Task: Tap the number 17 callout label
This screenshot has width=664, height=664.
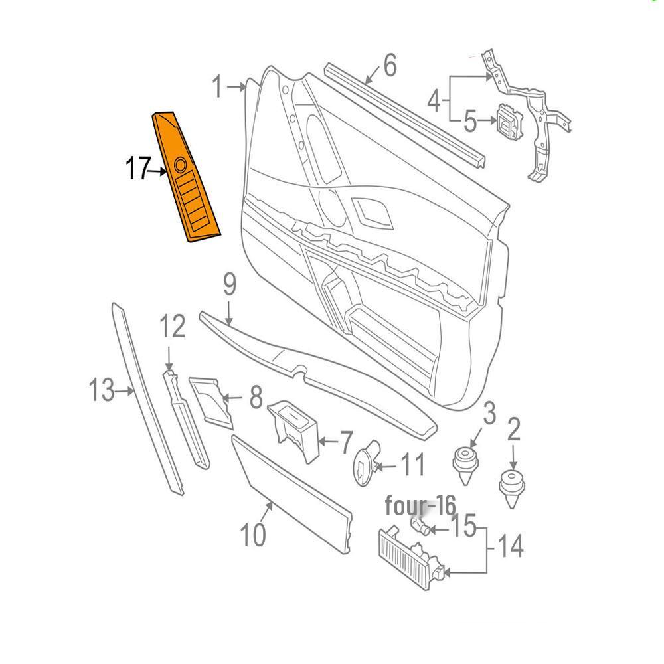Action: point(137,170)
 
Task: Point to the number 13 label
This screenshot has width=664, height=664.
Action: point(102,390)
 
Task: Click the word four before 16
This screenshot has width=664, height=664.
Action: point(404,506)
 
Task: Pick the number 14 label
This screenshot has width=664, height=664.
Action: point(509,548)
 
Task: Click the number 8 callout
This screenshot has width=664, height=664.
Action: point(256,400)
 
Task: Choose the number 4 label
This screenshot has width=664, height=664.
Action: point(434,102)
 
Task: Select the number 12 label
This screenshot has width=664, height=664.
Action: point(172,327)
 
